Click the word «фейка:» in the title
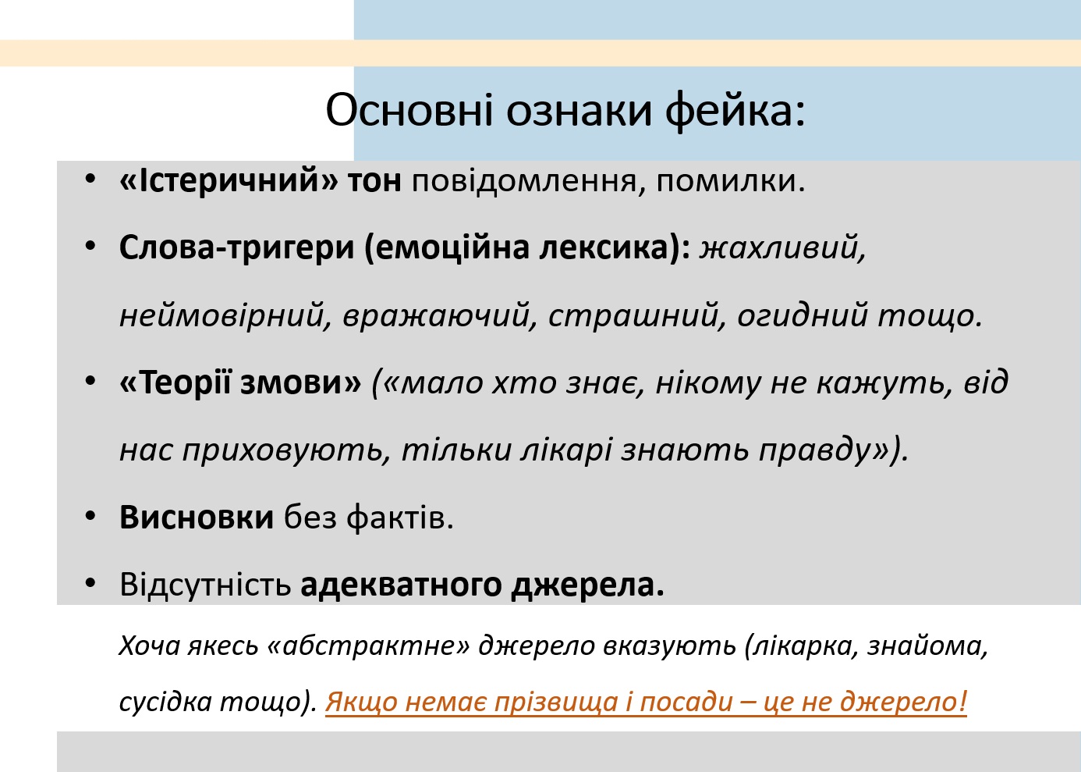pyautogui.click(x=735, y=112)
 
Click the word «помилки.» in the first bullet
pyautogui.click(x=731, y=182)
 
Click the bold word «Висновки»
pyautogui.click(x=197, y=518)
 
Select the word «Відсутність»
pyautogui.click(x=206, y=585)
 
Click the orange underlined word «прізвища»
pyautogui.click(x=556, y=703)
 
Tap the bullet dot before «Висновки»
pyautogui.click(x=90, y=516)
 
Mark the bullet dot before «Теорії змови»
pyautogui.click(x=90, y=381)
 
